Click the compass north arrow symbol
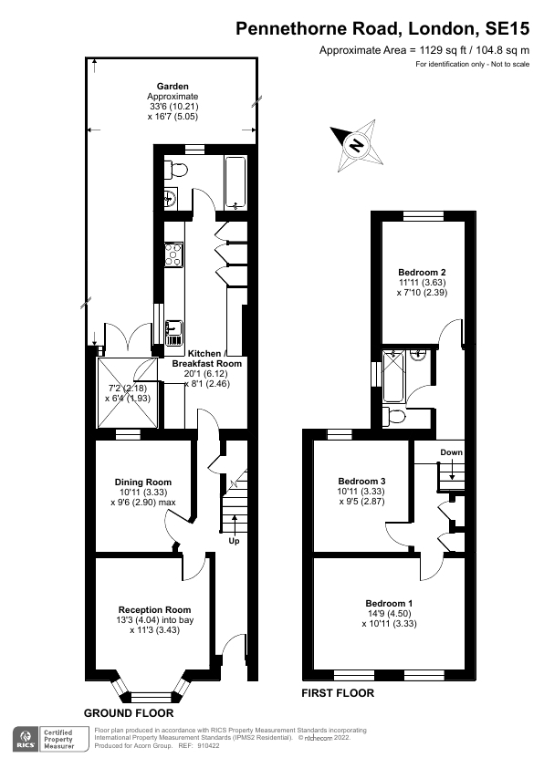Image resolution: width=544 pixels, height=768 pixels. point(357,143)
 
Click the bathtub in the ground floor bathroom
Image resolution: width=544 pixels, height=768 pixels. point(235,181)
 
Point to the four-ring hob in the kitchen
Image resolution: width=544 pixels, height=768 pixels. point(173,254)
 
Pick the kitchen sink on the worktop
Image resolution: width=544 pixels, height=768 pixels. point(173,332)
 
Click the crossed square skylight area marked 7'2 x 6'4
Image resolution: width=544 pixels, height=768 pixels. point(130,392)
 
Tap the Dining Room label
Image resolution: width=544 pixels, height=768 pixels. point(142,483)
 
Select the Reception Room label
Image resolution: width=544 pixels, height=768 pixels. point(154,609)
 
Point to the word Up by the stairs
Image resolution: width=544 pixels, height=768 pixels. point(235,541)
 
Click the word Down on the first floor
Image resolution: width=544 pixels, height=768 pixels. point(451,452)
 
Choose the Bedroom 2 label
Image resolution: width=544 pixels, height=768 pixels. point(422,272)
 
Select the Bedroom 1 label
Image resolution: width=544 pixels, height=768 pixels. point(390,603)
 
